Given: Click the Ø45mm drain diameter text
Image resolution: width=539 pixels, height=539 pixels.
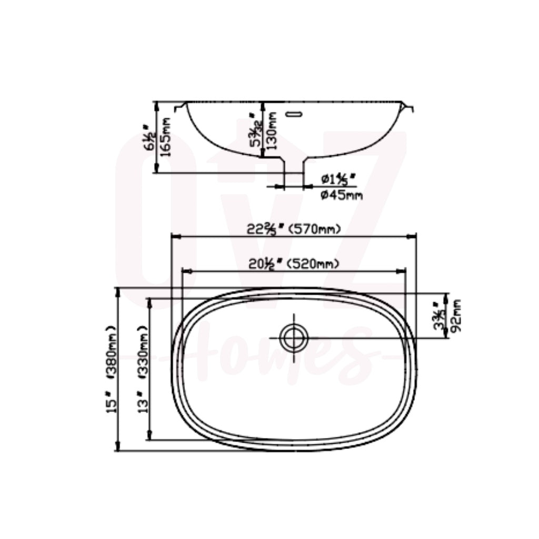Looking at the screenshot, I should (x=342, y=196).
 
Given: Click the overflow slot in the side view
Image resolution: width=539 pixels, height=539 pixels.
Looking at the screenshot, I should (x=295, y=113).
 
